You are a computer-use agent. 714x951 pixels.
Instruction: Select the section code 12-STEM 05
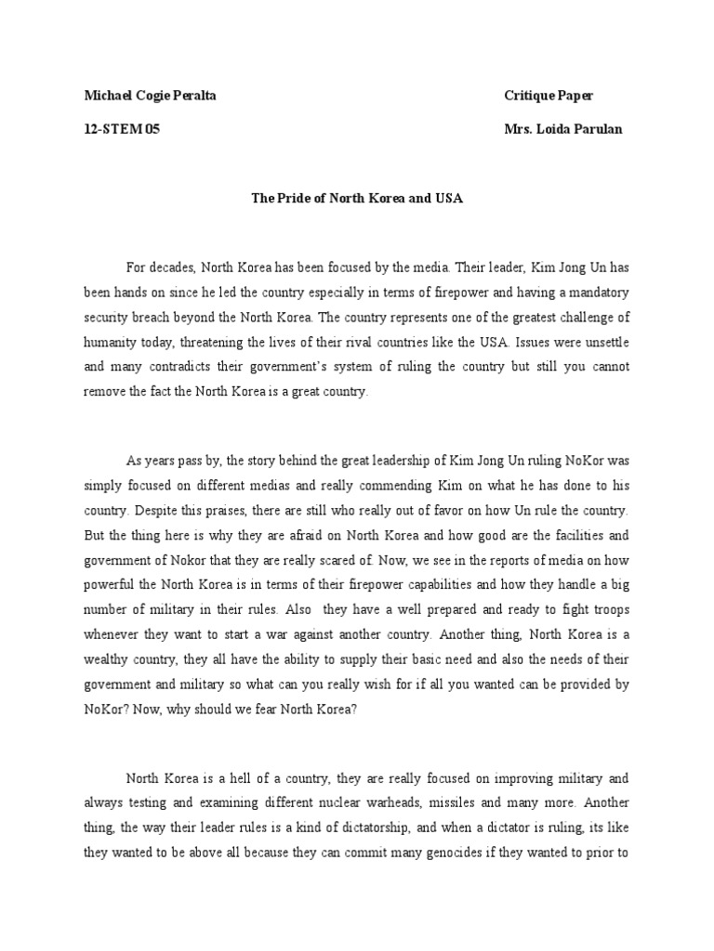[122, 129]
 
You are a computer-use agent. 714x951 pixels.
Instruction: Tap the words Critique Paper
[548, 96]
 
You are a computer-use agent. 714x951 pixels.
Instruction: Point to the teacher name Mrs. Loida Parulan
[562, 129]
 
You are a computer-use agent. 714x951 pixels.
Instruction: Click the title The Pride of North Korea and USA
[357, 199]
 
